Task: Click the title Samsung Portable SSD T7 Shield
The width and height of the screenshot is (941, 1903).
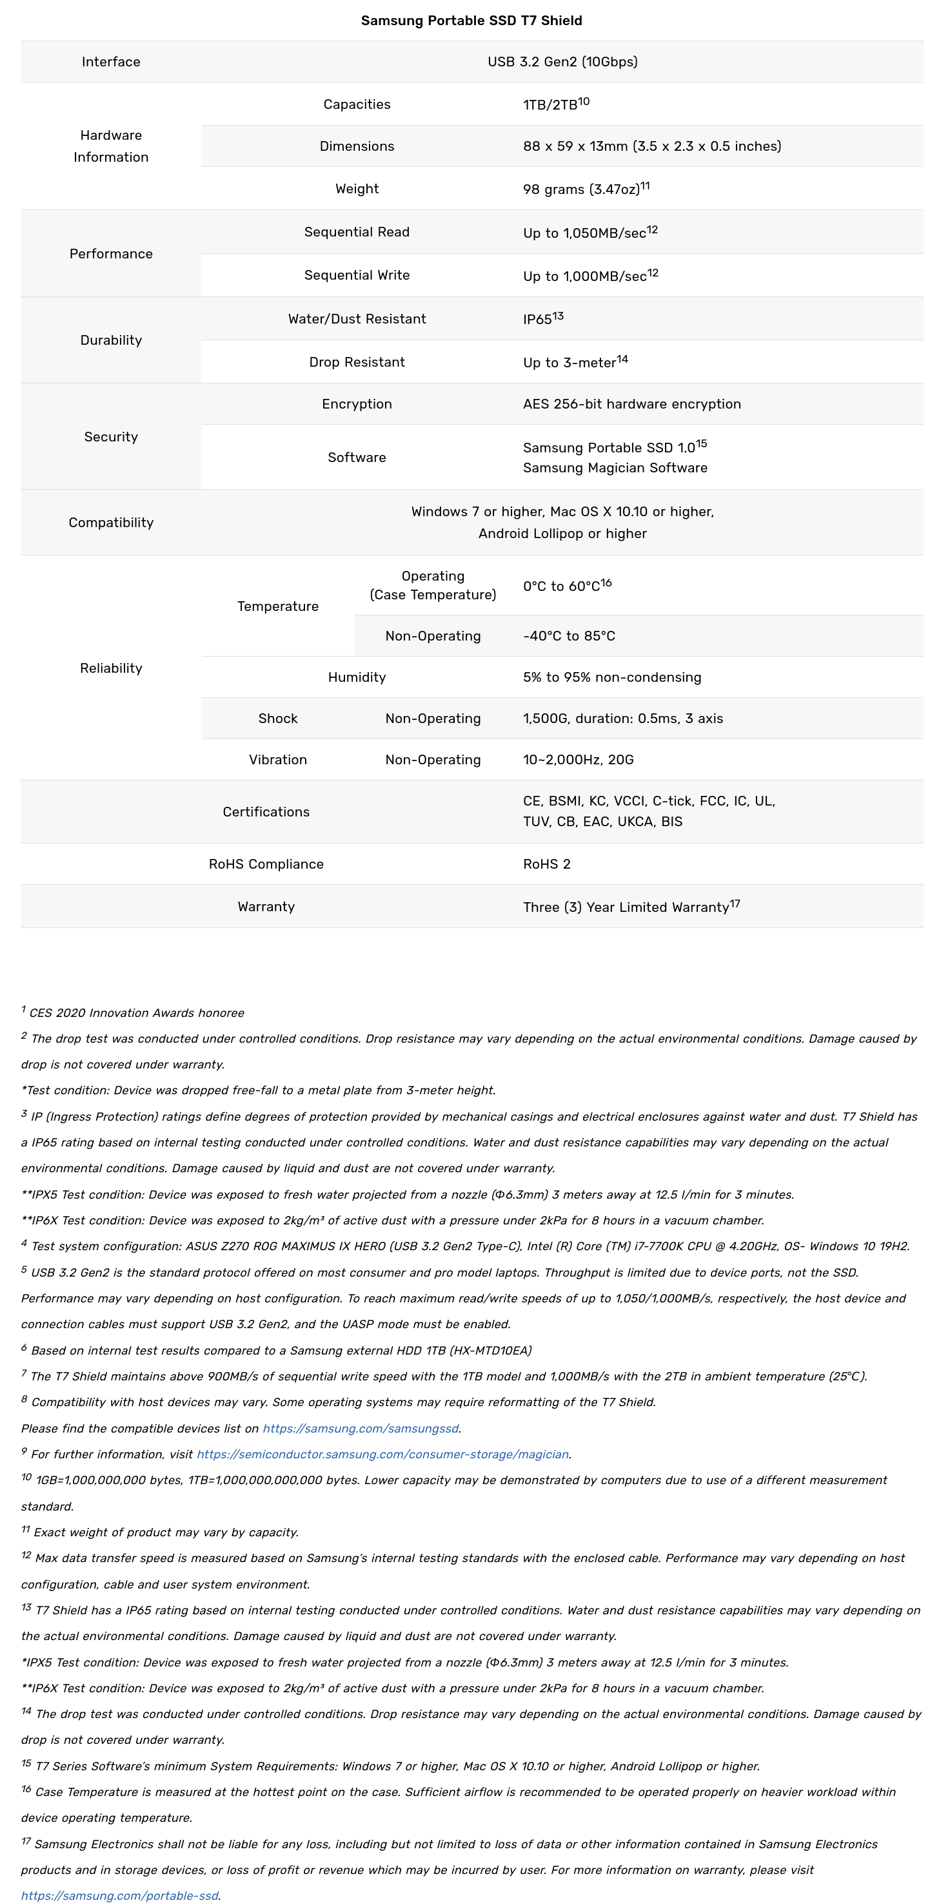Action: pos(471,21)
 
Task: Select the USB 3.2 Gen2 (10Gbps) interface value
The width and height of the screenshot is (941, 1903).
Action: pos(562,62)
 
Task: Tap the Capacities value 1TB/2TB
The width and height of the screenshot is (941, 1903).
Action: pos(550,105)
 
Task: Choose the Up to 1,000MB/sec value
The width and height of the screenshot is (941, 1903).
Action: pos(584,276)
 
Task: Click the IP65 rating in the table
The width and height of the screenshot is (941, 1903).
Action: pos(537,319)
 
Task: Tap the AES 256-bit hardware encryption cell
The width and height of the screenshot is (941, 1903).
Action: pos(631,404)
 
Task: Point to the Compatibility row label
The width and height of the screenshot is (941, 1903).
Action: pos(111,522)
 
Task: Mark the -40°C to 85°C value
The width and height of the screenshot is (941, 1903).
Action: pos(568,636)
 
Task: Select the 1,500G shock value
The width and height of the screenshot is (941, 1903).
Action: pos(622,719)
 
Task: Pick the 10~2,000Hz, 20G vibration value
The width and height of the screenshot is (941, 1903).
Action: pos(578,760)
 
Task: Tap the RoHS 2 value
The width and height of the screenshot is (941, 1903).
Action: pos(546,864)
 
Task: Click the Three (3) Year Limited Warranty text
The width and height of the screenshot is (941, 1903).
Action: pos(626,907)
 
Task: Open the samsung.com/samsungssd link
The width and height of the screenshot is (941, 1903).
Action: pos(361,1429)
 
